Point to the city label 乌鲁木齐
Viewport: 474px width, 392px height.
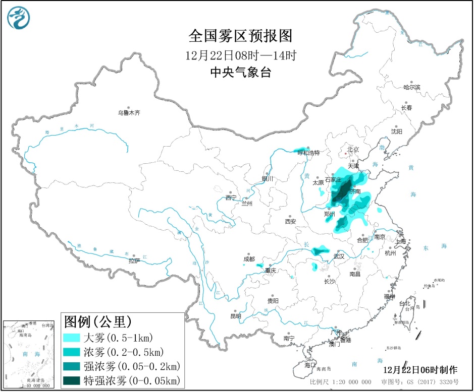click(129, 113)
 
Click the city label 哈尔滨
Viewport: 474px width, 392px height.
click(411, 87)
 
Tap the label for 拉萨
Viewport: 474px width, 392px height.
click(134, 261)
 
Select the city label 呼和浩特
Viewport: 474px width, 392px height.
click(308, 152)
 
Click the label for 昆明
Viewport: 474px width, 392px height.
click(235, 316)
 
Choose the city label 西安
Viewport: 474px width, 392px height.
click(290, 221)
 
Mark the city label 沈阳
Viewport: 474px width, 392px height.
click(396, 132)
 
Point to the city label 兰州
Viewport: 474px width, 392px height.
click(247, 204)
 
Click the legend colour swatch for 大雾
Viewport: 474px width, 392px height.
click(72, 337)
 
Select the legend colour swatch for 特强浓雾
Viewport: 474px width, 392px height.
click(72, 379)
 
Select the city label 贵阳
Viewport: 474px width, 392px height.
click(273, 301)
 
